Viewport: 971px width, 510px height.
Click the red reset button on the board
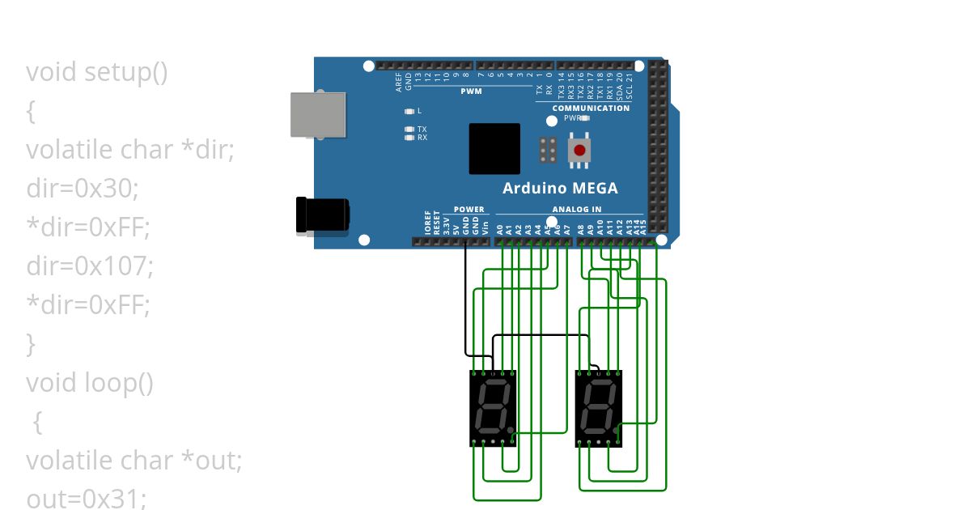point(579,150)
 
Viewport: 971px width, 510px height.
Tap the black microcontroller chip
point(494,148)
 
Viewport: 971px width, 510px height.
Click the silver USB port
point(319,113)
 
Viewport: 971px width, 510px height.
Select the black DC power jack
point(323,215)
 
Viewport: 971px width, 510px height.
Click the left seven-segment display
point(493,408)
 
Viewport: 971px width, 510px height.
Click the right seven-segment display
point(598,408)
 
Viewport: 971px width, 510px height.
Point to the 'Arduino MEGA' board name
point(560,189)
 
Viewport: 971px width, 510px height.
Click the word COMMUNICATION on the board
point(591,108)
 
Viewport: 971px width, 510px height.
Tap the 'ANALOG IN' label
point(577,209)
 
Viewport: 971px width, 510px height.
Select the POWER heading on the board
point(469,209)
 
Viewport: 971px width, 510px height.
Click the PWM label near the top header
point(471,91)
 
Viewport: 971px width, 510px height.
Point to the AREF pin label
point(399,82)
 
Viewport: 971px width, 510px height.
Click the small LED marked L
point(409,111)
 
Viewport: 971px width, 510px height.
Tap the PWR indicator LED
point(585,117)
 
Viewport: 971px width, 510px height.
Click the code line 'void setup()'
point(97,72)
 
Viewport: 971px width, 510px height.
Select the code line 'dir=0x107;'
point(90,265)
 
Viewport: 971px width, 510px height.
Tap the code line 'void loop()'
point(90,381)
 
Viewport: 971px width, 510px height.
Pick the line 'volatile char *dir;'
point(130,150)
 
